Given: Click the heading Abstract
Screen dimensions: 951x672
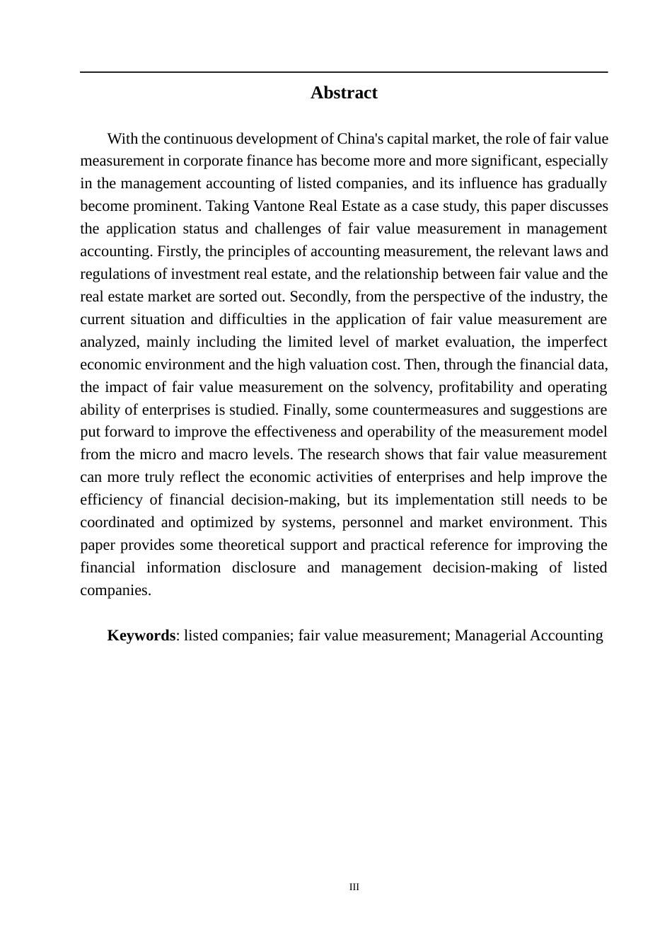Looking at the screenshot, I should tap(344, 93).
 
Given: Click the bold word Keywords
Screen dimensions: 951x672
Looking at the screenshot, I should tap(141, 635).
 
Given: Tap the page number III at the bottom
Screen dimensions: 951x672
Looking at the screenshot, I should tap(354, 887).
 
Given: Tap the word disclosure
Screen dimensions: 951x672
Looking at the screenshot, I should tap(264, 567).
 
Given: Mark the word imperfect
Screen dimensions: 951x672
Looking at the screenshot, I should tap(577, 342).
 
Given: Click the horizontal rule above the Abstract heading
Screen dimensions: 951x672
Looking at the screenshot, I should tap(344, 72).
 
